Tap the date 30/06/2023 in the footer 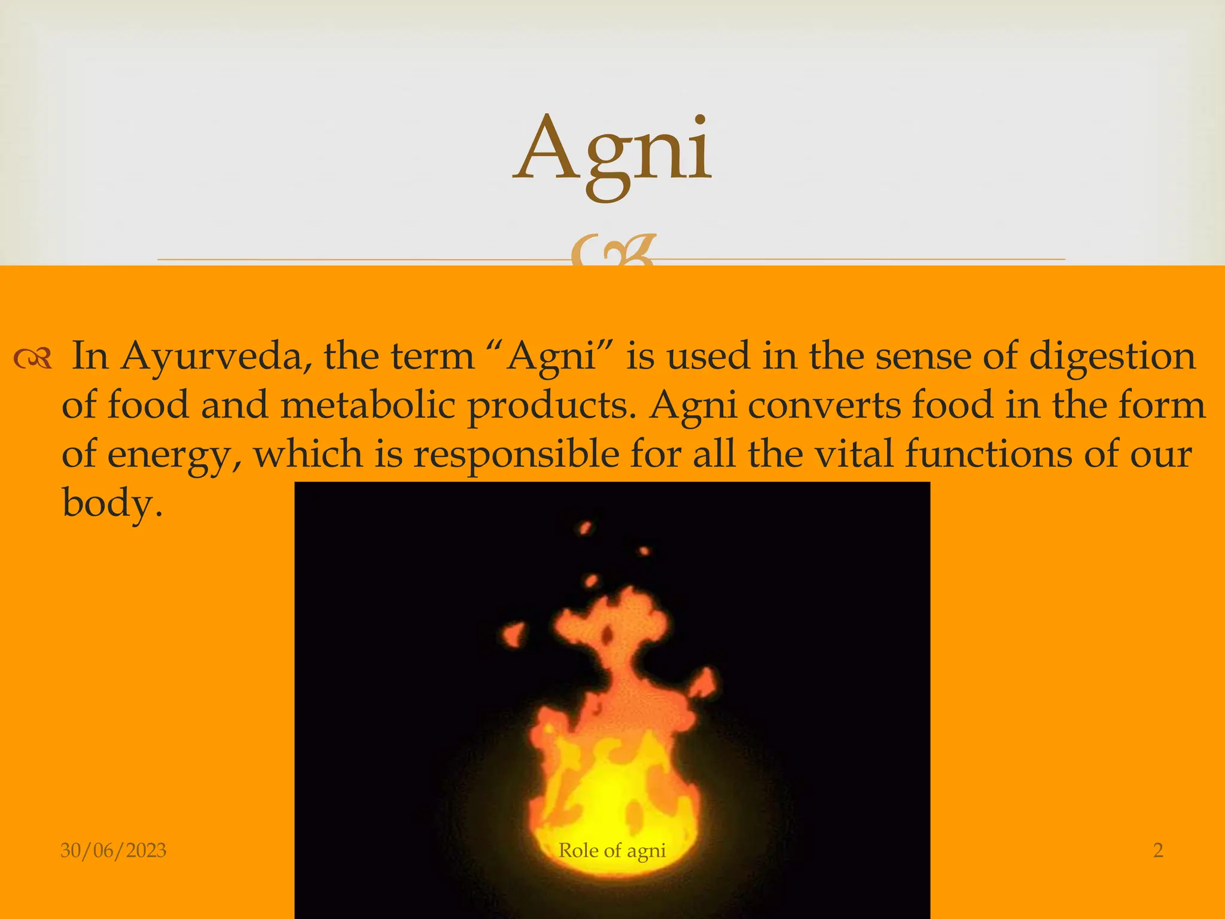coord(113,850)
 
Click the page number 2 coord(1158,850)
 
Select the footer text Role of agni coord(612,850)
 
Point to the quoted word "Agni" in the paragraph coord(551,357)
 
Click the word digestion coord(1112,357)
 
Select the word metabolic coord(367,405)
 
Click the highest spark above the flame coord(586,528)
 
